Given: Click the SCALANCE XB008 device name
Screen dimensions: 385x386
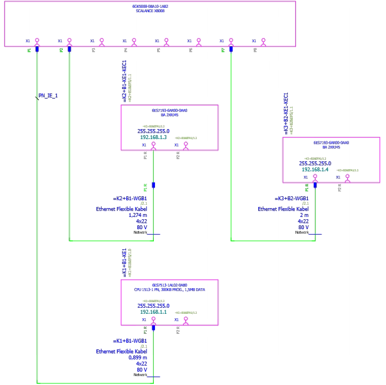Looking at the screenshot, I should [150, 11].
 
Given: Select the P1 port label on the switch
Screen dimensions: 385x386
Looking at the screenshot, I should [29, 50].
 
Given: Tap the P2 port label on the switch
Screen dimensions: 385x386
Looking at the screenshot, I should [62, 50].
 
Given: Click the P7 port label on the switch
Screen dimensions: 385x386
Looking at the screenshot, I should [223, 50].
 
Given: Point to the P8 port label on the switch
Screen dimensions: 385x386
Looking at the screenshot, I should [255, 50].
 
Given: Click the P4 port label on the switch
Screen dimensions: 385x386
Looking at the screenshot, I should [126, 50].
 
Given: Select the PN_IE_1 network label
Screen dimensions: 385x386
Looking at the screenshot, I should [48, 96].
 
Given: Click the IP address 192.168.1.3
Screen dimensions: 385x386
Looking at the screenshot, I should [153, 137].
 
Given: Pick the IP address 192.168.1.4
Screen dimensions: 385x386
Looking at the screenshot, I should [315, 169].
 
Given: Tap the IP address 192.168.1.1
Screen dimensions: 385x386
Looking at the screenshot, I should [153, 312].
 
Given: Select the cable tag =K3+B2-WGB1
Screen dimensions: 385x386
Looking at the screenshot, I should [292, 199].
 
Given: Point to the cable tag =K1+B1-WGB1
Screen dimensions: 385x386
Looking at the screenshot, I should [129, 340].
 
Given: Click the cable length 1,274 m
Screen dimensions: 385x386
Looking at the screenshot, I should [137, 215].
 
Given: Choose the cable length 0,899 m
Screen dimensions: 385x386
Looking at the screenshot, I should [137, 358].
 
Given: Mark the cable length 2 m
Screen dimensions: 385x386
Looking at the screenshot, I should [303, 215].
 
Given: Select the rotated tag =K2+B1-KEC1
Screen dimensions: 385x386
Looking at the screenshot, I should [124, 81].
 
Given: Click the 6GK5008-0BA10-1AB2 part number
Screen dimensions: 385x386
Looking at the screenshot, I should [150, 6].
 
